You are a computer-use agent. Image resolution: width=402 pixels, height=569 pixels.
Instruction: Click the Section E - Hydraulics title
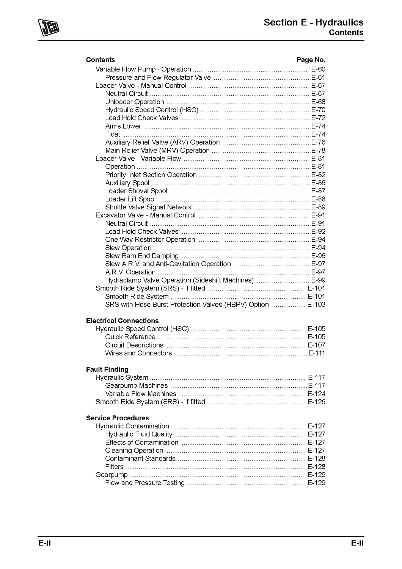313,22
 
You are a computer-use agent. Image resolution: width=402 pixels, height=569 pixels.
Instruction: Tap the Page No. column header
311,60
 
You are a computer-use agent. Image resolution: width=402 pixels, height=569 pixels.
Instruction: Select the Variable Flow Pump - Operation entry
143,69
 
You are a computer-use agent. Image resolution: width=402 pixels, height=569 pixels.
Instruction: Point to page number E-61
318,78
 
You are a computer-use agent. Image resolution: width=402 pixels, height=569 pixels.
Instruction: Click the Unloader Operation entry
135,102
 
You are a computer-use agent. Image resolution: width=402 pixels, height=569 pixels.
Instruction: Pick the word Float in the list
113,134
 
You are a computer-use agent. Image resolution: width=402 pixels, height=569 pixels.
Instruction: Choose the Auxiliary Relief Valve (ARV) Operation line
162,142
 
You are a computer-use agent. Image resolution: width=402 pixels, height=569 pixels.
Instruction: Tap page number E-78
318,151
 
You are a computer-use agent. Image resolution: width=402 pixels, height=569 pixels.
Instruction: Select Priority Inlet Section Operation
151,175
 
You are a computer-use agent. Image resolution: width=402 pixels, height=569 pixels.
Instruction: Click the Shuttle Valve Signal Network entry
148,207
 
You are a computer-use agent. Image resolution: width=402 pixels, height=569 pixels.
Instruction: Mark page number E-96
318,256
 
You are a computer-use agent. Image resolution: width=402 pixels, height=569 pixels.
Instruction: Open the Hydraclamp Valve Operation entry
179,280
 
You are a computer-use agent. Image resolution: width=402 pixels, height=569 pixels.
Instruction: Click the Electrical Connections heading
122,321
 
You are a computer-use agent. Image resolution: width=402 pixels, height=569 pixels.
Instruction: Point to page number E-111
317,353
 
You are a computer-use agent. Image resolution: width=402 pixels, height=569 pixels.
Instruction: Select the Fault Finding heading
107,369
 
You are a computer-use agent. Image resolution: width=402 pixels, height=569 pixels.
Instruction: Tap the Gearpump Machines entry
136,386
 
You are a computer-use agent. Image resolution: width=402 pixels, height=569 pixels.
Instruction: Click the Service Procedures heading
117,418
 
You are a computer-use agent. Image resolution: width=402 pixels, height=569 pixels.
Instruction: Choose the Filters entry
114,467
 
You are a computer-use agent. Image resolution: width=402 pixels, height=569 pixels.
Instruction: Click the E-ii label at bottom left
44,543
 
